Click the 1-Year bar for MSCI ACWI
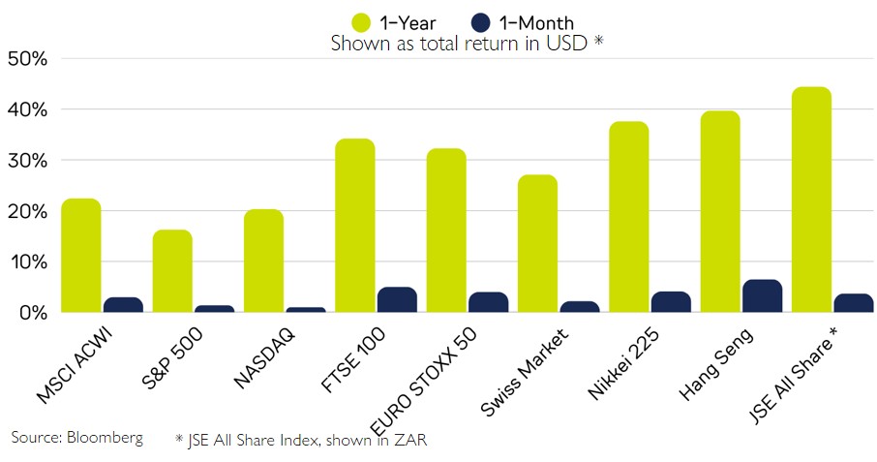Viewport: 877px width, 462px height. point(80,256)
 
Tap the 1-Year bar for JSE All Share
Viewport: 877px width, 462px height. point(811,200)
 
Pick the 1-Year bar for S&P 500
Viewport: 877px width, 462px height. point(172,271)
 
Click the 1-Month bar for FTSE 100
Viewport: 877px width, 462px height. point(396,300)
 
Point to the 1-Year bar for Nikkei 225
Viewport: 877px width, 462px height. point(628,217)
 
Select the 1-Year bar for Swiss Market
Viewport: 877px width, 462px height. point(537,243)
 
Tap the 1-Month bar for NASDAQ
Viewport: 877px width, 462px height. point(305,310)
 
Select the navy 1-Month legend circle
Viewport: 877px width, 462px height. point(481,22)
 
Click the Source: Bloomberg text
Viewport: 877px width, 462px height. point(76,437)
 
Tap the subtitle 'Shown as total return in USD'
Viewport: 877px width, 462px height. point(467,44)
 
